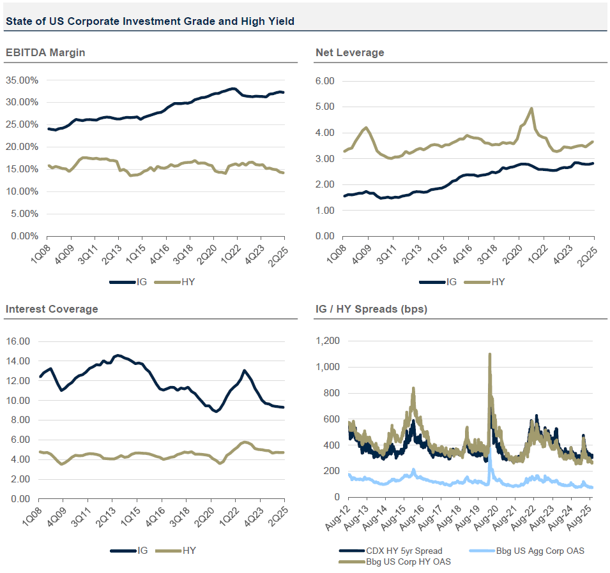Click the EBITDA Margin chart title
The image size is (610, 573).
(x=45, y=52)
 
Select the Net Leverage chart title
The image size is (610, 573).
(x=350, y=52)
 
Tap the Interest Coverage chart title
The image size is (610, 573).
(x=52, y=309)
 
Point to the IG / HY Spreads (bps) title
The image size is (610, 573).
(x=371, y=309)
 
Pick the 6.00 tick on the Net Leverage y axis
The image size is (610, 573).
(x=326, y=81)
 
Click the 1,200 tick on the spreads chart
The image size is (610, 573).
(x=328, y=341)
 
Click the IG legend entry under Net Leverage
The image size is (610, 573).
(x=445, y=281)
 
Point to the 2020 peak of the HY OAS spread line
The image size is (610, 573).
(x=489, y=354)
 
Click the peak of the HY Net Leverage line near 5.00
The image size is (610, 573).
(x=531, y=109)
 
